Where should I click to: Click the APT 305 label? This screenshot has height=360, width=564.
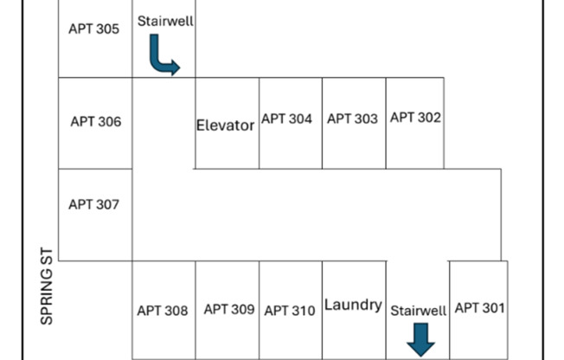tap(93, 29)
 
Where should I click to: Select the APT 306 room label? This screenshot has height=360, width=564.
tap(95, 122)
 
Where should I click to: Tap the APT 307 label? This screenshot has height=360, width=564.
tap(93, 205)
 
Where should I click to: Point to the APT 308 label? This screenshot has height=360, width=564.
tap(162, 311)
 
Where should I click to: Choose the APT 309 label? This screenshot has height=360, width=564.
tap(228, 309)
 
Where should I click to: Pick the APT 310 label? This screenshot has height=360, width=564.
tap(290, 311)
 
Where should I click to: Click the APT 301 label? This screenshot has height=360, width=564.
tap(479, 307)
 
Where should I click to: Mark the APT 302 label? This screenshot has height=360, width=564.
tap(415, 118)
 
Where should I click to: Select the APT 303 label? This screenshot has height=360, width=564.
tap(352, 119)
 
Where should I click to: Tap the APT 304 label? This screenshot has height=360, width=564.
tap(286, 119)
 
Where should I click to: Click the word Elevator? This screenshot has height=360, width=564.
tap(225, 125)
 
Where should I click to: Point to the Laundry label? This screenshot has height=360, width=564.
tap(353, 305)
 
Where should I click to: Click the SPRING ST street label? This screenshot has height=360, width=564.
tap(48, 288)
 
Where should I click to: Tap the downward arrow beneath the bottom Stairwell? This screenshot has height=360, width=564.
tap(420, 339)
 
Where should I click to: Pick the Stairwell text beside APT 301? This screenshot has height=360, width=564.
tap(419, 310)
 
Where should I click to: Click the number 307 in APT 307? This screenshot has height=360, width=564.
tap(106, 205)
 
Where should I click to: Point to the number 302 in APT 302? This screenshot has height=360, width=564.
tap(428, 118)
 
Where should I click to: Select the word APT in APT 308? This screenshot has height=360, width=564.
tap(148, 311)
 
